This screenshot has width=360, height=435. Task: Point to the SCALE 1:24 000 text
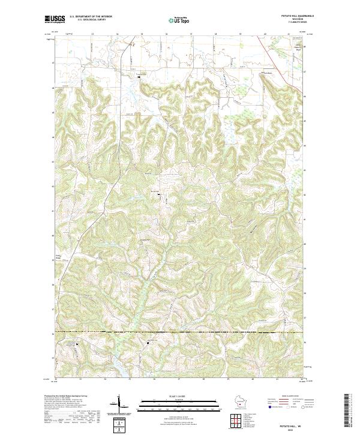click(x=179, y=395)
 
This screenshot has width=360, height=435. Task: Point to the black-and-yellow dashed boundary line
click(x=180, y=331)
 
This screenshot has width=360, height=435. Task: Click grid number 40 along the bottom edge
click(x=253, y=379)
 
